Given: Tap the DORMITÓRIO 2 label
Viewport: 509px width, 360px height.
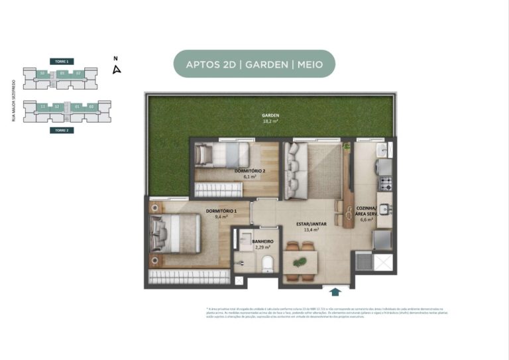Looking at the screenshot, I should click(251, 171).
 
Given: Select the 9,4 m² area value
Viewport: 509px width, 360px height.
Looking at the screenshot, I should click(221, 217).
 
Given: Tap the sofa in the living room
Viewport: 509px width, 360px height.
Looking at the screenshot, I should click(294, 172).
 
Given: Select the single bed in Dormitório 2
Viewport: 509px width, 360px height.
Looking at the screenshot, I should click(218, 156).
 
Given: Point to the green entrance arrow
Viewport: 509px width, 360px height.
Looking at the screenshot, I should click(336, 290).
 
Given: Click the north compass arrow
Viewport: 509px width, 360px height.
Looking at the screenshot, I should click(117, 68).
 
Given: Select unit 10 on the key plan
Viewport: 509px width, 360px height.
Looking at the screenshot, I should click(42, 72).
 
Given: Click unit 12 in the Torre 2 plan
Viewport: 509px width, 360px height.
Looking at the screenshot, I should click(58, 106).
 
